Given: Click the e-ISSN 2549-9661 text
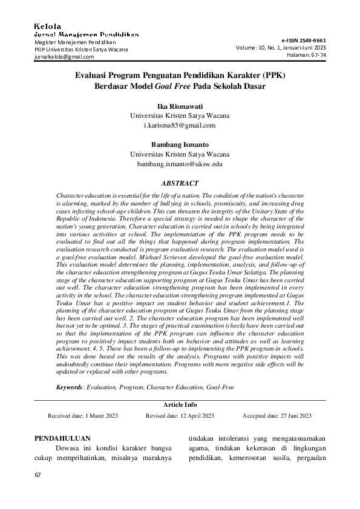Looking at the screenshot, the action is [x=304, y=38].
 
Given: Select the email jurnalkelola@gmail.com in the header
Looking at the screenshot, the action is [x=64, y=57].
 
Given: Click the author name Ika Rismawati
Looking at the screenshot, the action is [x=180, y=106].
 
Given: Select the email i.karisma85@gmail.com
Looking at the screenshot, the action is [x=180, y=125].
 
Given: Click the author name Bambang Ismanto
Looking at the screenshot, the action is [x=180, y=144].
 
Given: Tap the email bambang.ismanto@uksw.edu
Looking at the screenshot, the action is [x=180, y=164].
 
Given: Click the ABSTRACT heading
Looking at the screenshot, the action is [x=180, y=183].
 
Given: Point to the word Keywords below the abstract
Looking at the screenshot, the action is [x=70, y=386].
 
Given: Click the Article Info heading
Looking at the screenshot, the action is [x=180, y=404].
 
